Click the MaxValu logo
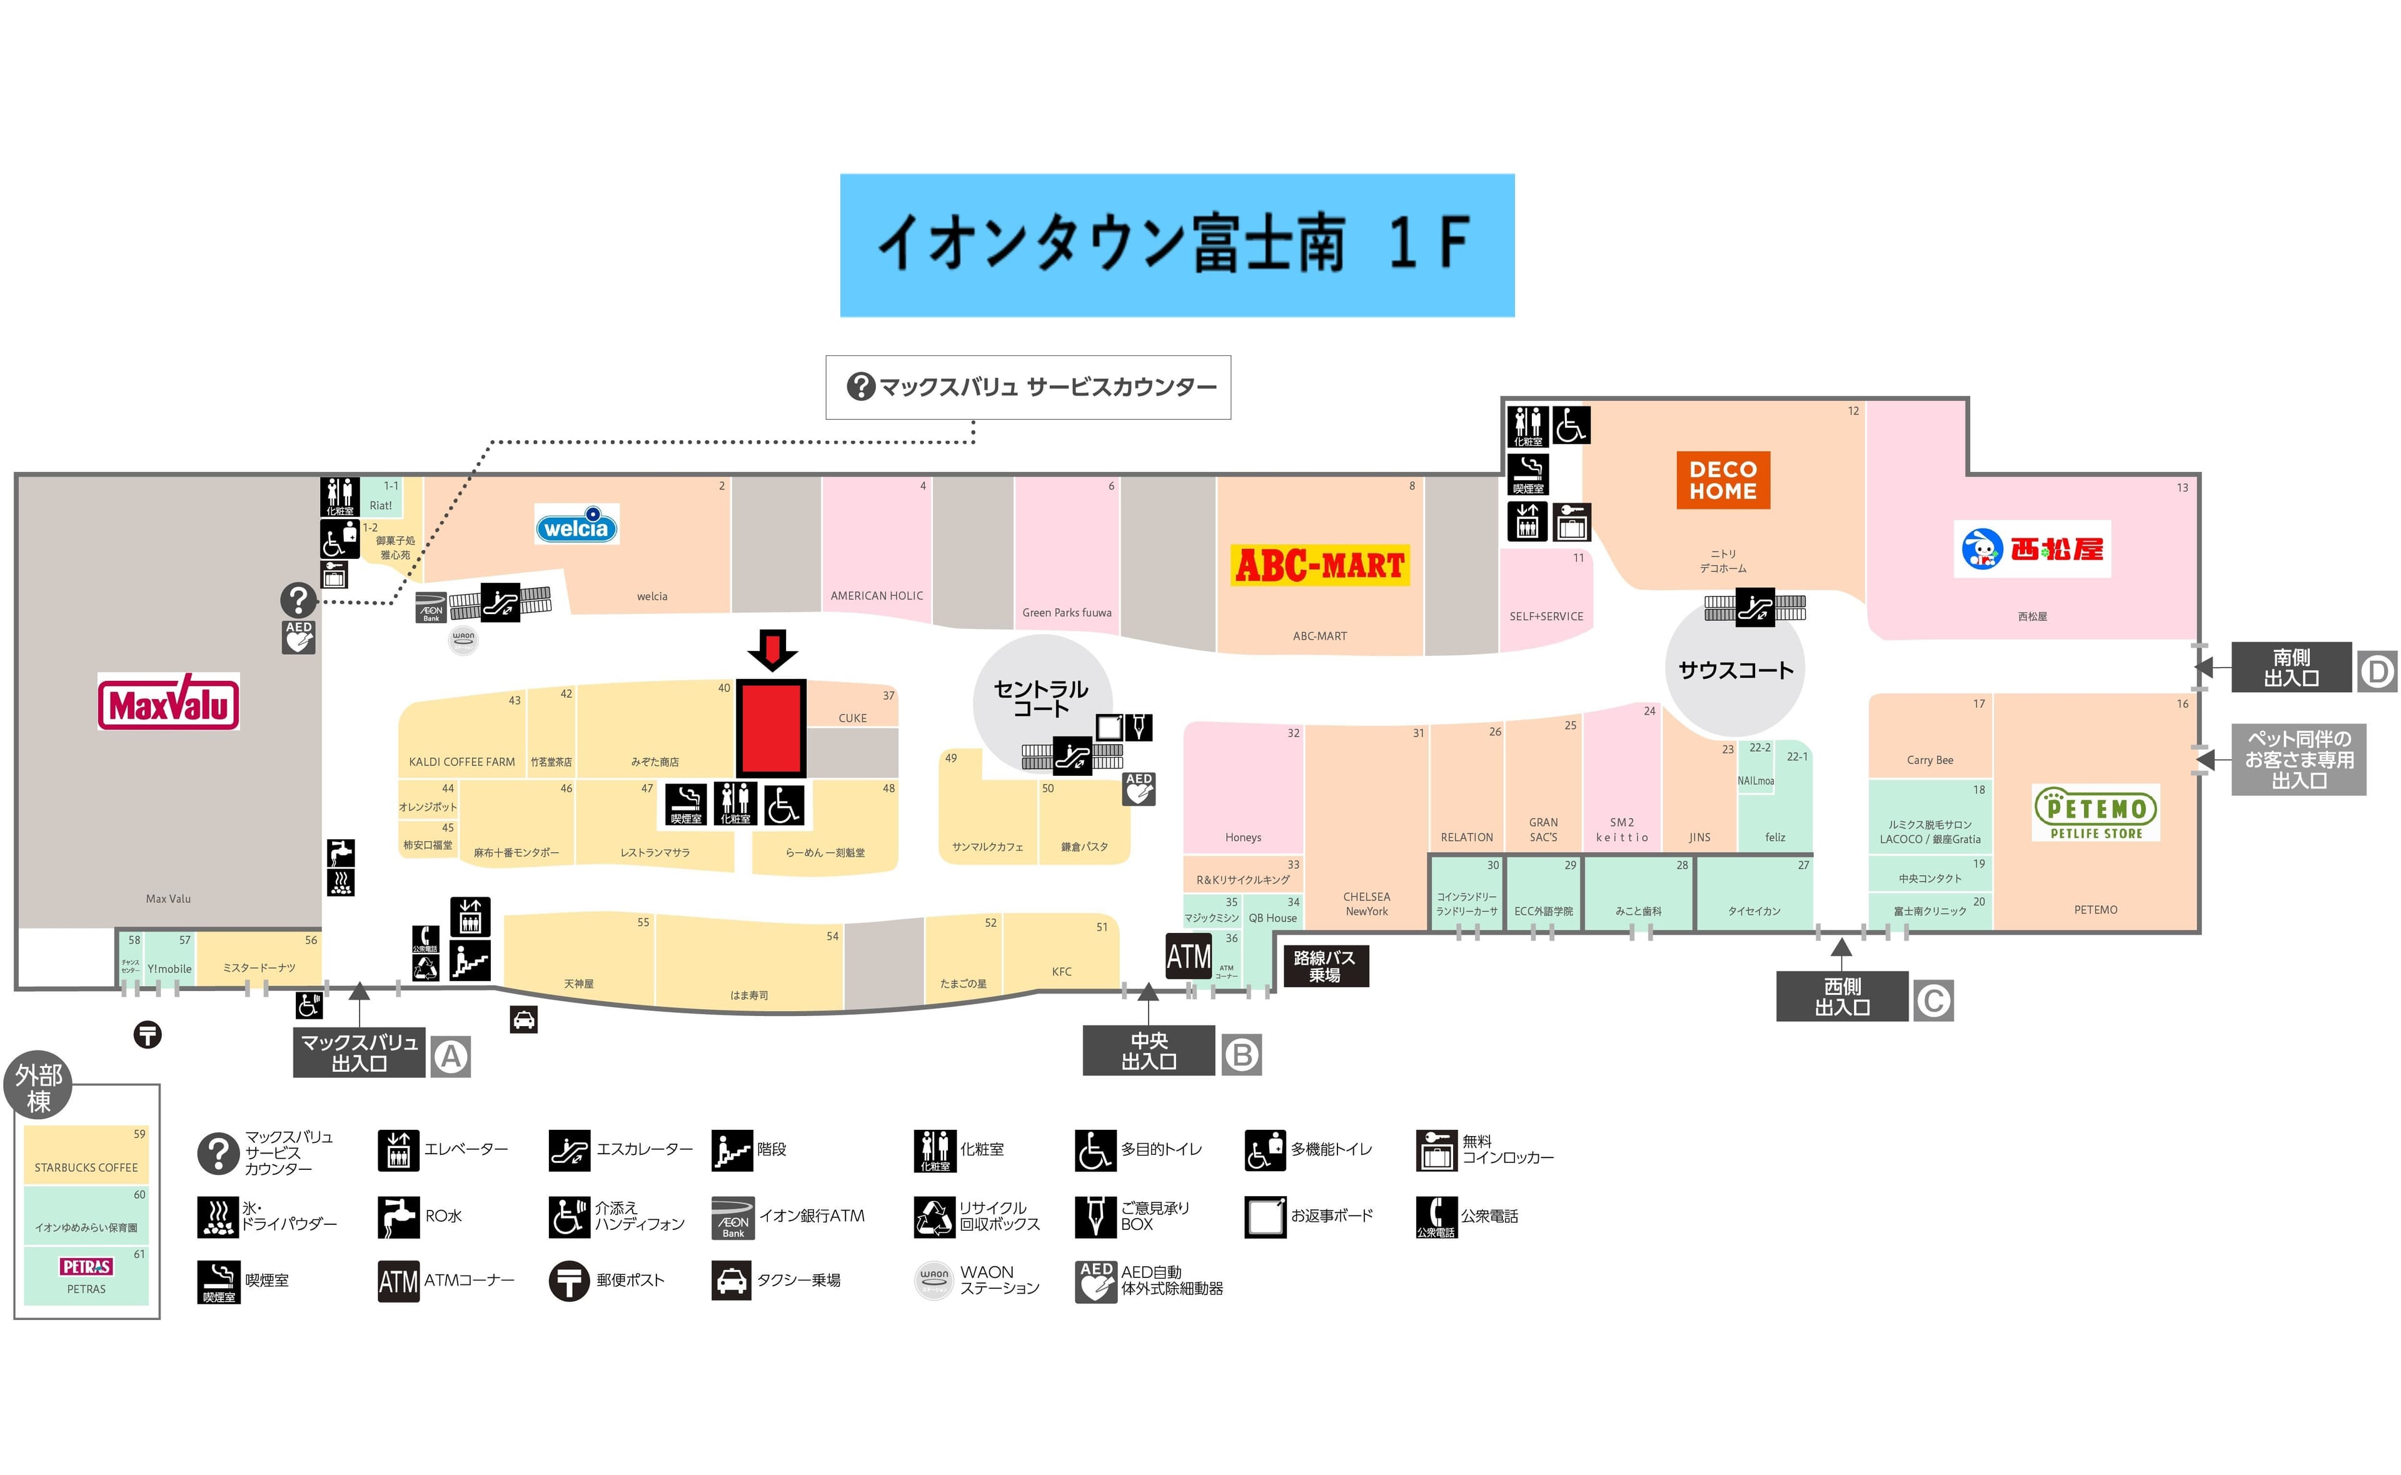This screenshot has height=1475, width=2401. (x=169, y=702)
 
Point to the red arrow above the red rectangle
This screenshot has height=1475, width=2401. (x=772, y=650)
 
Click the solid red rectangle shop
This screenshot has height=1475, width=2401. (x=770, y=728)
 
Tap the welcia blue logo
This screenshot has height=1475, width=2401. (x=576, y=526)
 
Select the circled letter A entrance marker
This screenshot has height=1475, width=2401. (x=451, y=1057)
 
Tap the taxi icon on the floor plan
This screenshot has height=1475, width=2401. (x=524, y=1019)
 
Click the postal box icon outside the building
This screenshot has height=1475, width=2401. (x=148, y=1034)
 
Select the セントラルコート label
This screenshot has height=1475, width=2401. (x=1040, y=698)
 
